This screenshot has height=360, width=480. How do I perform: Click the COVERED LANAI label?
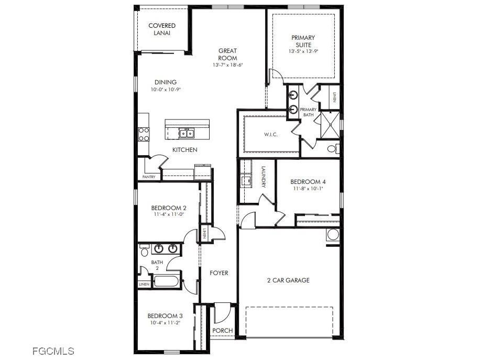[x=162, y=29]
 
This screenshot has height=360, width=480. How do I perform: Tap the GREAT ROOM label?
[x=228, y=54]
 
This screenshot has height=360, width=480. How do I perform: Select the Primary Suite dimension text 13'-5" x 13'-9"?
[x=303, y=51]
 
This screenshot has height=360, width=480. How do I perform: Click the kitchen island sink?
[x=186, y=133]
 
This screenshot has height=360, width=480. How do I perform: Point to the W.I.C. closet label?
[x=270, y=135]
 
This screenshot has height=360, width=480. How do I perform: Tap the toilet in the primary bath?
[x=333, y=149]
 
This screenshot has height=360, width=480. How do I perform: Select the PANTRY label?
[x=149, y=177]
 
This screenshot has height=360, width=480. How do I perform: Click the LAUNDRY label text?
[x=264, y=177]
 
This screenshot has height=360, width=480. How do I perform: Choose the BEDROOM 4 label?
[x=308, y=182]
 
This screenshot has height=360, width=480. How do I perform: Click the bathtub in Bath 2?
[x=167, y=281]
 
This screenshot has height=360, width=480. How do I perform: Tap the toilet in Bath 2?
[x=144, y=252]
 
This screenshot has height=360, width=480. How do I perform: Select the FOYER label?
[x=219, y=273]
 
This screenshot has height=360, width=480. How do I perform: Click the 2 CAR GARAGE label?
[x=288, y=280]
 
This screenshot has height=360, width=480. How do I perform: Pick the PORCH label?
[x=223, y=331]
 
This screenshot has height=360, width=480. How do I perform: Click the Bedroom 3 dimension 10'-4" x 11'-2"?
[x=165, y=323]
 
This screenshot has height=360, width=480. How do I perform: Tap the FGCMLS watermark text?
[x=53, y=351]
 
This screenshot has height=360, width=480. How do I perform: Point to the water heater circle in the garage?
[x=333, y=234]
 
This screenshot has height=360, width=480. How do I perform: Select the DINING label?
[x=166, y=82]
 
